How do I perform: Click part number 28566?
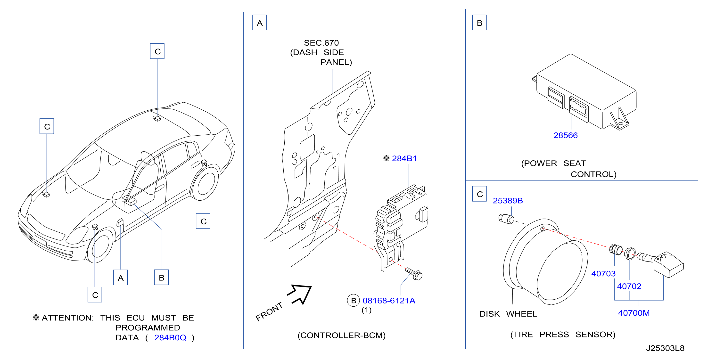point(565,135)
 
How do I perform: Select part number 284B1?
point(404,158)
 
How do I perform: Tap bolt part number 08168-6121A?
point(389,301)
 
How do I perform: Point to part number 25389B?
point(508,200)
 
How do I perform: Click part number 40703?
point(603,274)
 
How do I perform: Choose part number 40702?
point(629,286)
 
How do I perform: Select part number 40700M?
point(634,313)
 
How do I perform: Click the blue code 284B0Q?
point(170,337)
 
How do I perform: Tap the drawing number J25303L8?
point(665,348)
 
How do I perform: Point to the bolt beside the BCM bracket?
point(414,274)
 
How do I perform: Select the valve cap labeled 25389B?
point(506,219)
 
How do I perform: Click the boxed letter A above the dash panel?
point(259,23)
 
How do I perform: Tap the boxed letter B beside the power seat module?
point(479,23)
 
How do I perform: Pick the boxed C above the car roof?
point(157,51)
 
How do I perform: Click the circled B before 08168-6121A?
point(353,301)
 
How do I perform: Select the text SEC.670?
point(321,43)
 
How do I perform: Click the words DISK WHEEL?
point(508,314)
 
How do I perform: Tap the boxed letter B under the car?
point(162,278)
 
